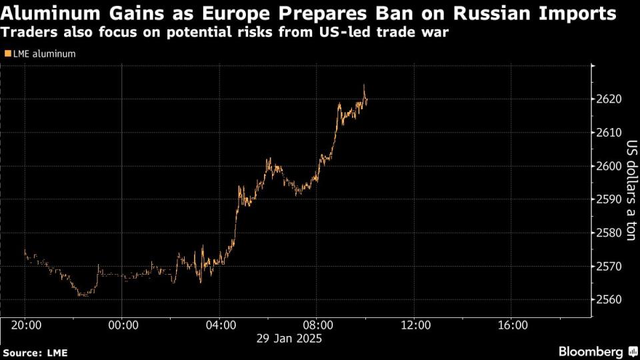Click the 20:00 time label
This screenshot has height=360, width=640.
25,325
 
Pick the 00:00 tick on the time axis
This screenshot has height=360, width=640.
122,325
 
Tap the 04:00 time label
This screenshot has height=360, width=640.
220,325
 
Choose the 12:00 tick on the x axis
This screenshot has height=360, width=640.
415,325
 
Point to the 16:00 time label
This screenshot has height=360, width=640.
513,325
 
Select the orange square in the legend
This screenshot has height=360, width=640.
7,54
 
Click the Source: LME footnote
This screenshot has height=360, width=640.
35,353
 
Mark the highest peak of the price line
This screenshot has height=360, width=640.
364,85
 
